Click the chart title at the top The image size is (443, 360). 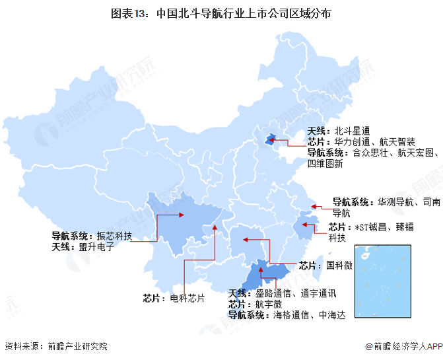(221, 13)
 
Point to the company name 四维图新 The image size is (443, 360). (325, 163)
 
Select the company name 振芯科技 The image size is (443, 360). (115, 236)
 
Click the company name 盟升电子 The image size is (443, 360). (96, 247)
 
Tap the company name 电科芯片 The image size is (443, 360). (187, 298)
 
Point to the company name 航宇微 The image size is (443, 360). (269, 304)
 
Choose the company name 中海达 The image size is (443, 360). (332, 315)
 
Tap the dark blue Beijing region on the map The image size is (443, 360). (270, 139)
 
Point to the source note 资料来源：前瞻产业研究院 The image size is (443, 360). (55, 346)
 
